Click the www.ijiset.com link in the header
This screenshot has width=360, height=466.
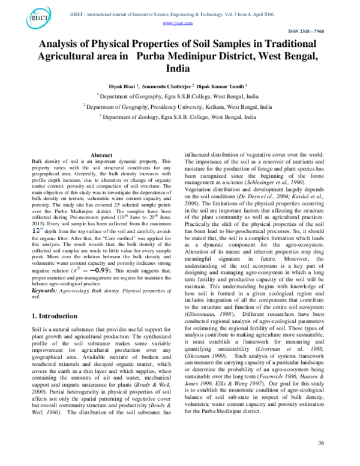click(x=178, y=23)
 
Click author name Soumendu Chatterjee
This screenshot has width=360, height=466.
click(x=172, y=86)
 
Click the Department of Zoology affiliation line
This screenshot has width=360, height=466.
click(x=177, y=117)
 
